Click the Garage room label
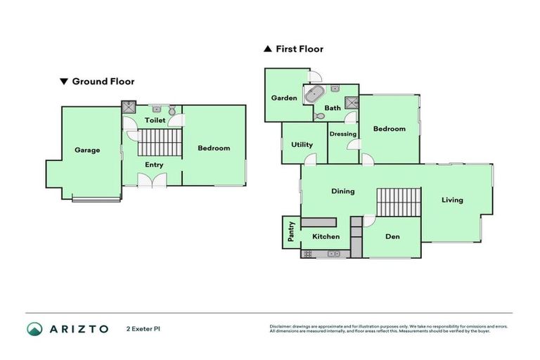pos(87,150)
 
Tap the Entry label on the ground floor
pos(154,165)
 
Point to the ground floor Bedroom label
pos(214,148)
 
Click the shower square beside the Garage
pos(129,108)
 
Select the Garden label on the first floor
pos(284,98)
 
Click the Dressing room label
pos(343,134)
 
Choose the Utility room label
pos(302,144)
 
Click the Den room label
pos(392,236)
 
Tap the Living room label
pos(452,200)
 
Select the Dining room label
pos(343,191)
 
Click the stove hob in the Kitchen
pos(308,254)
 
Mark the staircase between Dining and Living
pos(398,202)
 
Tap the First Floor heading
pos(300,49)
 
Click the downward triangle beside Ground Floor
pos(64,82)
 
